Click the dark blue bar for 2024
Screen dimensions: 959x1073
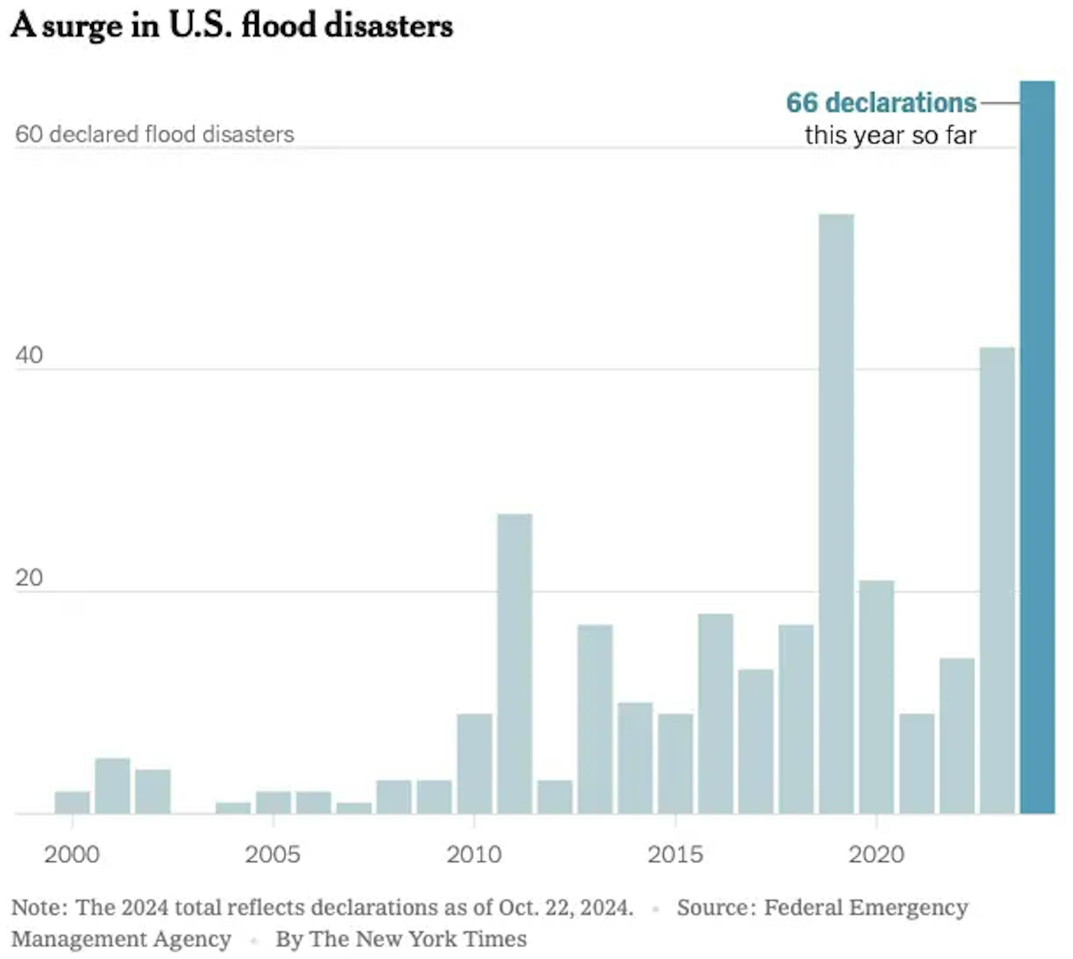coord(1037,448)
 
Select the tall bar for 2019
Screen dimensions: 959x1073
coord(836,515)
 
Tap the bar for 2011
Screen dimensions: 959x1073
coord(515,664)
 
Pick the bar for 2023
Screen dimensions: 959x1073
coord(997,581)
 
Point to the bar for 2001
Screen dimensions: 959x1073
coord(113,786)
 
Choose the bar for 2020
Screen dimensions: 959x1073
coord(877,697)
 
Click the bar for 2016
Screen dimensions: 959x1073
coord(716,714)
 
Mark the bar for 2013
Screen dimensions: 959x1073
coord(595,719)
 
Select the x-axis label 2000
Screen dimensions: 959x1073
coord(72,854)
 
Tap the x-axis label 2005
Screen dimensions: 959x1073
coord(273,854)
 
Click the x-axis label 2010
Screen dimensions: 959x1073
coord(474,854)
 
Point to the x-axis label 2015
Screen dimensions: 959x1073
coord(675,854)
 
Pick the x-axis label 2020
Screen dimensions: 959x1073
coord(876,854)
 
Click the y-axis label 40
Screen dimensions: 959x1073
coord(29,355)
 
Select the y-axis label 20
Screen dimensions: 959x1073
coord(29,578)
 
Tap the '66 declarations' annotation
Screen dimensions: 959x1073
coord(881,102)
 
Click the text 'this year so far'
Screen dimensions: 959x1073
coord(890,135)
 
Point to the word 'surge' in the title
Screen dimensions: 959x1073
coord(82,26)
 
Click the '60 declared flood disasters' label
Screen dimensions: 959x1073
coord(155,134)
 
